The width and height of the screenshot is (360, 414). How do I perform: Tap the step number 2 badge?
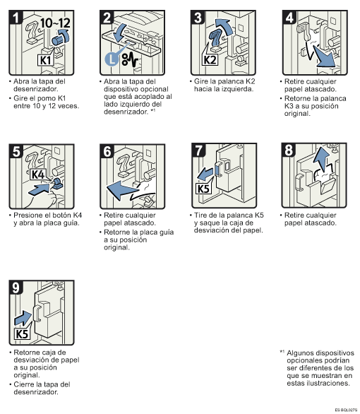(107, 18)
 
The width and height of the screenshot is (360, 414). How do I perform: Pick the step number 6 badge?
(107, 151)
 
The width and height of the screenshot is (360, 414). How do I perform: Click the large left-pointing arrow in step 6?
(120, 189)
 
